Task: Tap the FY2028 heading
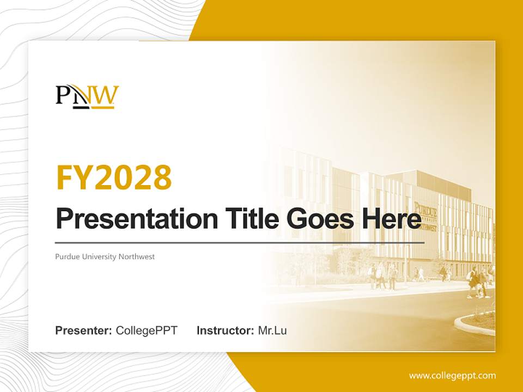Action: tap(114, 177)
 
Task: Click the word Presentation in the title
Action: tap(129, 219)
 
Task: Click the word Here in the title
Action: tap(391, 219)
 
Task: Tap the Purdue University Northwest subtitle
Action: tap(105, 256)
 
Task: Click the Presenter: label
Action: tap(83, 330)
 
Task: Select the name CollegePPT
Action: tap(147, 330)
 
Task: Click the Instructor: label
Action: tap(225, 330)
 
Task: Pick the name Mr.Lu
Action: tap(272, 330)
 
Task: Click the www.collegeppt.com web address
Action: tap(452, 375)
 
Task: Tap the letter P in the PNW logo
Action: tap(63, 95)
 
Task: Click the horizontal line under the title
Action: tap(240, 242)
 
